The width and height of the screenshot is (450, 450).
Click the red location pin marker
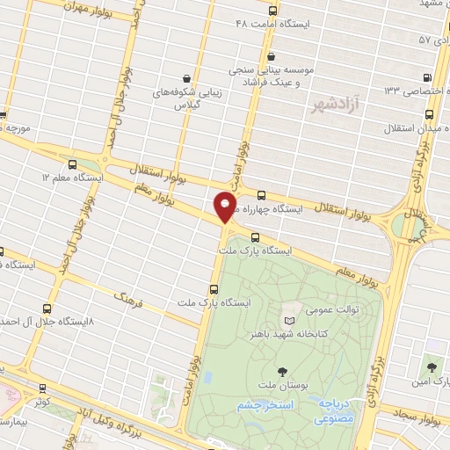coord(225,207)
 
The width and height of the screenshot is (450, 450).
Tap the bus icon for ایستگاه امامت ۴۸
coord(272,11)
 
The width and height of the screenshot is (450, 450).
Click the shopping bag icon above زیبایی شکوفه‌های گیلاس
coord(184,77)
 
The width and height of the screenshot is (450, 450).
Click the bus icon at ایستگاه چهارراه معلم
coord(263,195)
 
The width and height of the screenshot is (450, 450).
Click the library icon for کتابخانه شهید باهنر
coord(291,320)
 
